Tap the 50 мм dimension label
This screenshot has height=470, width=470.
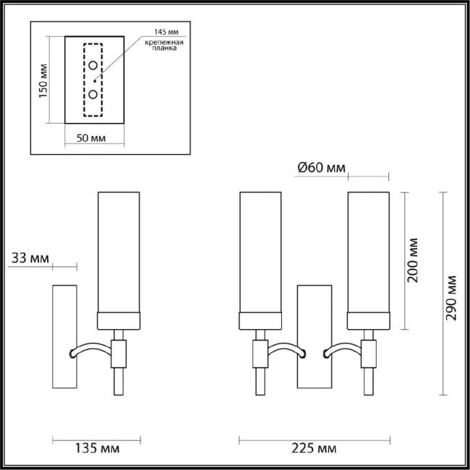click(92, 138)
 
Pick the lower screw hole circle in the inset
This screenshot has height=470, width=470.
click(94, 94)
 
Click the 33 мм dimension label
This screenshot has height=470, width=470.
click(29, 257)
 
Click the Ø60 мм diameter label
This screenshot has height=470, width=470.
click(321, 169)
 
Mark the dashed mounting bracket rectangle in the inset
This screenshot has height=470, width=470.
click(94, 80)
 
